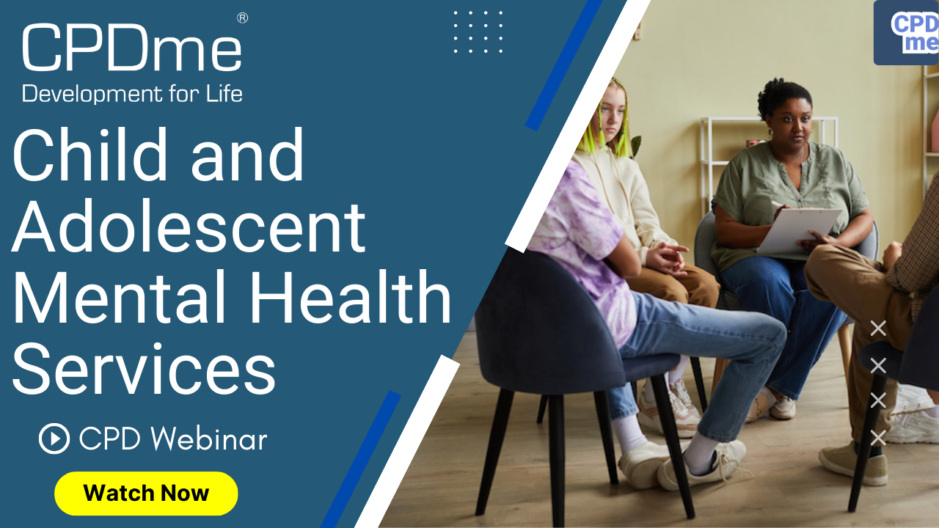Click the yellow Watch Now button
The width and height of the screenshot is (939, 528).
click(x=146, y=494)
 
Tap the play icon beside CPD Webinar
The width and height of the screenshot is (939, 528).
click(x=54, y=439)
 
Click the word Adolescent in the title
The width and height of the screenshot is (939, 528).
click(x=189, y=227)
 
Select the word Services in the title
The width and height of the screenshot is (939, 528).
click(x=145, y=369)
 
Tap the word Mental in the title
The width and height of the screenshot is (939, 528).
click(x=120, y=297)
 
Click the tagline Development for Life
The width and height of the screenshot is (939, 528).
click(x=132, y=93)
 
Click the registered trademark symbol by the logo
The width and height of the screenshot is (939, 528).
click(x=242, y=18)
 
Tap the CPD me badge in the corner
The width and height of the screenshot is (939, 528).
click(x=906, y=33)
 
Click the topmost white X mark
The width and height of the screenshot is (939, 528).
click(x=878, y=328)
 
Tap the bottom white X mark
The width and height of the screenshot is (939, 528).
click(x=878, y=438)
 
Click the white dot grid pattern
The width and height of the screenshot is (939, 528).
click(x=478, y=32)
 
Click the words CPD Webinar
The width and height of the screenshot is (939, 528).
click(x=173, y=439)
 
